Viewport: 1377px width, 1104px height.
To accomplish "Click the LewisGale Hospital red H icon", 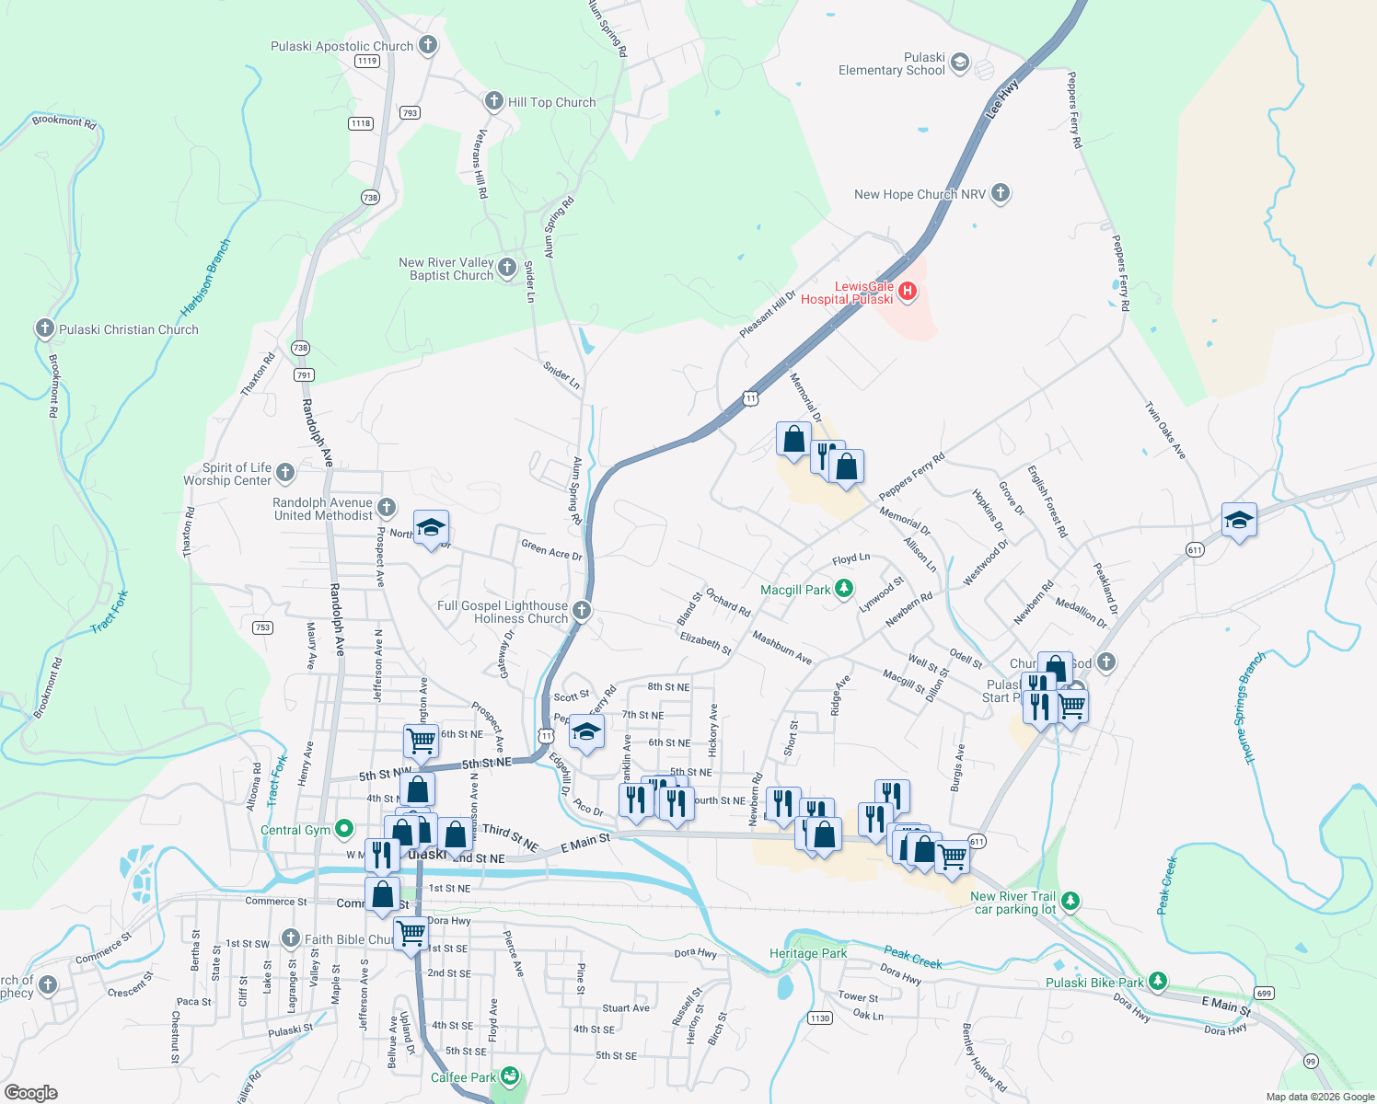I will [908, 292].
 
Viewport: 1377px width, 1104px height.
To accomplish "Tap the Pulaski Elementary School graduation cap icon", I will [960, 63].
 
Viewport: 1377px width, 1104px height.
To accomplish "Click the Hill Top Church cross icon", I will [494, 101].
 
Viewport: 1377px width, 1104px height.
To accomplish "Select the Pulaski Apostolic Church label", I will [341, 46].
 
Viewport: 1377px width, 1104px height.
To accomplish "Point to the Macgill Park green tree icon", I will [844, 589].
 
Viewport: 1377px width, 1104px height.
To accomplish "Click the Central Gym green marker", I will [344, 829].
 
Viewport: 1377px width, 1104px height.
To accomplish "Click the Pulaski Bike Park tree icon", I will [1158, 982].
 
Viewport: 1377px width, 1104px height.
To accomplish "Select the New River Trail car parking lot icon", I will [1070, 902].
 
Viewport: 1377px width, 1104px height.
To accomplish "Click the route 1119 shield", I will [366, 61].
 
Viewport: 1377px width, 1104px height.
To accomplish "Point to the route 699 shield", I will [1264, 993].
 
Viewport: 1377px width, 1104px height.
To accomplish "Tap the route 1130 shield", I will [819, 1018].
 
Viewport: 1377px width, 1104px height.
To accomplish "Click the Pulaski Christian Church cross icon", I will [44, 328].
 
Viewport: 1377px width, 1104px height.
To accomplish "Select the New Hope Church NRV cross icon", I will [1001, 193].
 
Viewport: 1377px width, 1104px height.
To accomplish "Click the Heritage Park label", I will [808, 953].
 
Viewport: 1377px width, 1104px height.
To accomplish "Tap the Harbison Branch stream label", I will [206, 278].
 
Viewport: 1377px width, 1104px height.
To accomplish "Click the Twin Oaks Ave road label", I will [1165, 431].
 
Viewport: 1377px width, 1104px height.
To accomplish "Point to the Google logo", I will [31, 1093].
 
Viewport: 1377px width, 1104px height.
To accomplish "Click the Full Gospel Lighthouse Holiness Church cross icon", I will [581, 610].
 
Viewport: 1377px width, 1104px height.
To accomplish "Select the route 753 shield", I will [262, 627].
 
